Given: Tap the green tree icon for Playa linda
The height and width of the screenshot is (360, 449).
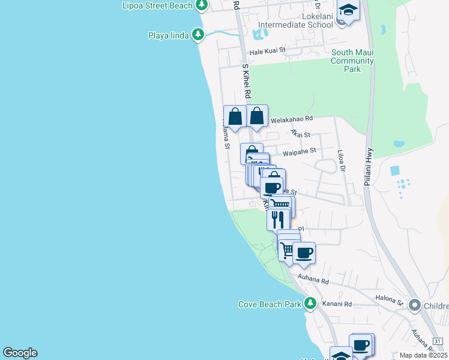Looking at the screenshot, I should tap(199, 35).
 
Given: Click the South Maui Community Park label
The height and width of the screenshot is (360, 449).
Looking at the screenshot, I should tap(352, 61).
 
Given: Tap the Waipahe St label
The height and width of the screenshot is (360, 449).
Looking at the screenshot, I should tap(299, 153).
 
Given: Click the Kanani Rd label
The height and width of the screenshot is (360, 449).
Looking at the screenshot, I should tap(339, 305).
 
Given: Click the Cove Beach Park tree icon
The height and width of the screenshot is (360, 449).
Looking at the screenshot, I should tap(310, 304).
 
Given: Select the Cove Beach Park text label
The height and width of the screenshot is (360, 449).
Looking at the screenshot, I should tap(270, 304).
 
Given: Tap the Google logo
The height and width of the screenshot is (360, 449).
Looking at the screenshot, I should tap(20, 353).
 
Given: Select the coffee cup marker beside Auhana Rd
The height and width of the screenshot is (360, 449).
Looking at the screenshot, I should tap(304, 253).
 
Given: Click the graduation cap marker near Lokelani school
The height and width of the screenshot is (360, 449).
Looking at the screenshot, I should tap(348, 10).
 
